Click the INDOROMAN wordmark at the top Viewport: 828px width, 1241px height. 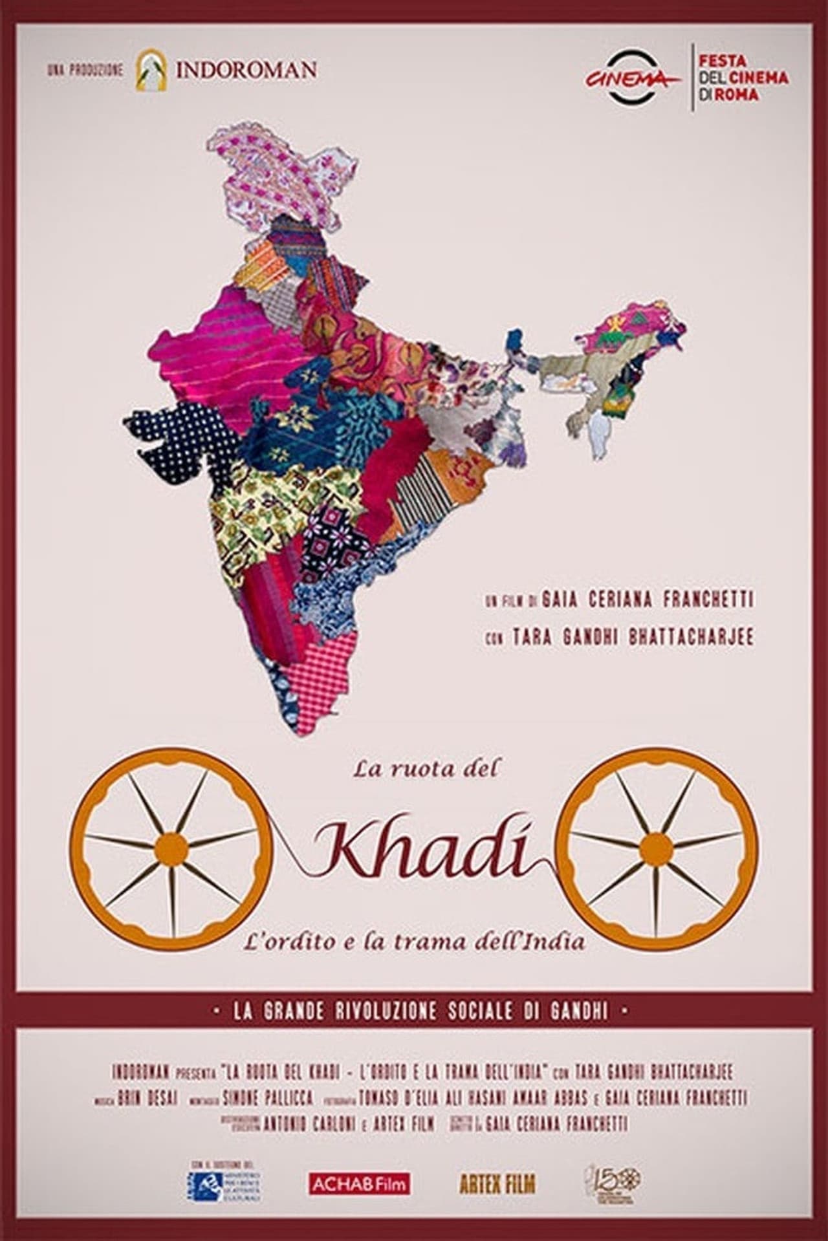point(246,69)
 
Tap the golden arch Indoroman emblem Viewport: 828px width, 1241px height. point(148,69)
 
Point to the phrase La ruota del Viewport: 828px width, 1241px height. point(427,769)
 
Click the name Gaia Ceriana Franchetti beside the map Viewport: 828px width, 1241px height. point(648,599)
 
